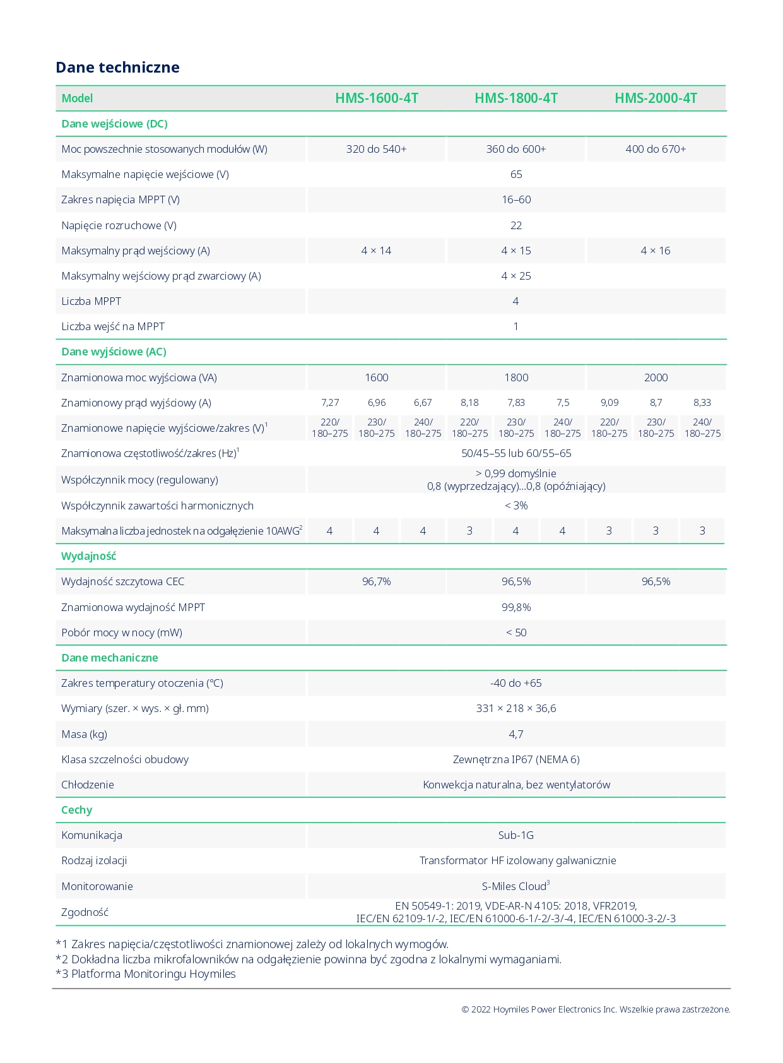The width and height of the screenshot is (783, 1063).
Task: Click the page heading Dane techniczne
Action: [x=117, y=68]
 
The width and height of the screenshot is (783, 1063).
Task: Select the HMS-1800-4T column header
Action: [x=516, y=98]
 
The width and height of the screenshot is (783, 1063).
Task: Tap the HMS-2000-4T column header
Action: [x=656, y=98]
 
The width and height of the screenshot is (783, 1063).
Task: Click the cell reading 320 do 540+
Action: [x=376, y=149]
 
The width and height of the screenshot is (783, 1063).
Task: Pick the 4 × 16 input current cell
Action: [x=656, y=251]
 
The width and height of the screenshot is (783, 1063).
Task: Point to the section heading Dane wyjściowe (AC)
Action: [x=114, y=352]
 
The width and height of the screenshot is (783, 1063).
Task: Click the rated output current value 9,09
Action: [x=609, y=403]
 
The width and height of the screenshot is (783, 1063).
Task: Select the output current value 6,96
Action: [x=376, y=403]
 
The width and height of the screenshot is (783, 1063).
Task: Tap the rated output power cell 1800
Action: [x=516, y=377]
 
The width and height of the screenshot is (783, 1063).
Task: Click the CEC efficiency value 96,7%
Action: [x=376, y=581]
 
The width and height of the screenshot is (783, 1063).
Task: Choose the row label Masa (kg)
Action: [x=84, y=734]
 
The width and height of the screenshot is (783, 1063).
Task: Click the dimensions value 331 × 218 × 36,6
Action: [x=516, y=708]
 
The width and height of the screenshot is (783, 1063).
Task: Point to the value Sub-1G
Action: [x=515, y=835]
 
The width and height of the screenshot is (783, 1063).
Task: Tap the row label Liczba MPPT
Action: [x=91, y=301]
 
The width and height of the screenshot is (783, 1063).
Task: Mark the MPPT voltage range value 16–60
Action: [x=516, y=199]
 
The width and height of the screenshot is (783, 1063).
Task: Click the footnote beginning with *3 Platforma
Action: [x=146, y=974]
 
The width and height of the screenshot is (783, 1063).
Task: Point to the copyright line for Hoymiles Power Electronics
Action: [x=596, y=1009]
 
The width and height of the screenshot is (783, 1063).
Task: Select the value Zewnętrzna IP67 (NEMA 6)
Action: [x=516, y=759]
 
